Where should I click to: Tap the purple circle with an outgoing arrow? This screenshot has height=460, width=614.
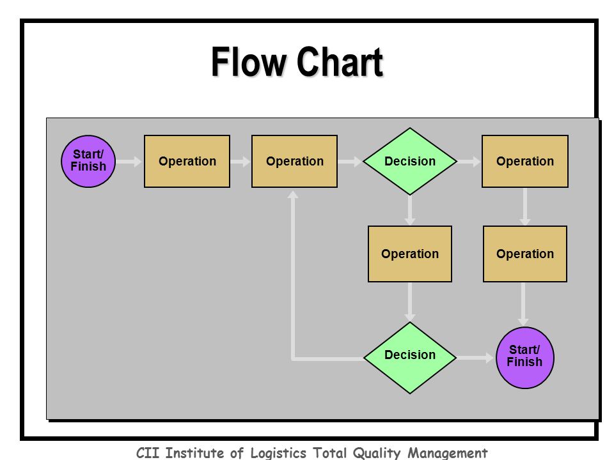[x=88, y=161]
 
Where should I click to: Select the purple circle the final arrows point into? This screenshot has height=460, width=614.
[x=524, y=358]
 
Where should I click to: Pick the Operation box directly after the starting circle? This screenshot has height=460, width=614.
[x=187, y=161]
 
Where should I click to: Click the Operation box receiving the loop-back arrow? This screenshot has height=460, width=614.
[x=294, y=161]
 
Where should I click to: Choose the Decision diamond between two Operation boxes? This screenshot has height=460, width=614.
[x=410, y=161]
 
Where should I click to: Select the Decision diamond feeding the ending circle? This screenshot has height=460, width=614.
[x=410, y=358]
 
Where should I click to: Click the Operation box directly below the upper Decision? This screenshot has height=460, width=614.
[x=410, y=254]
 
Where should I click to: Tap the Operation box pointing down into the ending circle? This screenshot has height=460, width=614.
[x=525, y=254]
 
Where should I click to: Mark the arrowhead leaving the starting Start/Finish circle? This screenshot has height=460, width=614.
[x=138, y=161]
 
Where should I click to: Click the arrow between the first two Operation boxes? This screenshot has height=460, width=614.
[x=240, y=161]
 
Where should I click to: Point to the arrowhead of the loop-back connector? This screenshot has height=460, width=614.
[x=293, y=194]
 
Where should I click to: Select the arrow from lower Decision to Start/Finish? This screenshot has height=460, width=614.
[x=475, y=358]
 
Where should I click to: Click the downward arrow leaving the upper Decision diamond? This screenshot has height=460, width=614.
[x=410, y=210]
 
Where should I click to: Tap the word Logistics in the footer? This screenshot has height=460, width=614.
[x=278, y=453]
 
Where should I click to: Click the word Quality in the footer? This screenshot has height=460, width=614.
[x=376, y=453]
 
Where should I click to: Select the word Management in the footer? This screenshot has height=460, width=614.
[x=448, y=453]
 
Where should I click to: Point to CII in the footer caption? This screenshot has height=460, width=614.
[x=148, y=453]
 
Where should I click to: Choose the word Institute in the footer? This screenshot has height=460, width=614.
[x=194, y=453]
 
